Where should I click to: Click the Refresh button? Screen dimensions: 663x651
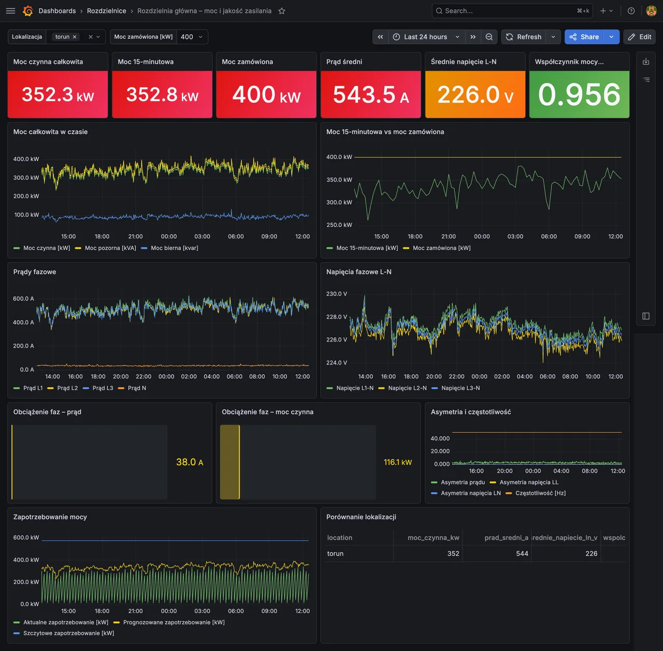(x=524, y=37)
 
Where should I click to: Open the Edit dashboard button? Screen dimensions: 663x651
(x=640, y=37)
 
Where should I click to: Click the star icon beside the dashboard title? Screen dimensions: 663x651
(x=282, y=11)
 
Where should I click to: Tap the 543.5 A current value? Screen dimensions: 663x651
(x=371, y=94)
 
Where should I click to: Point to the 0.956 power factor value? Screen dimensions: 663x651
(x=579, y=94)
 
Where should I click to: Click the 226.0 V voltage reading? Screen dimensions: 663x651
(x=475, y=94)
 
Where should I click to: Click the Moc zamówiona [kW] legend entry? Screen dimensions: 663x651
(x=437, y=248)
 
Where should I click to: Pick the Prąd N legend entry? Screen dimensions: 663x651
(x=132, y=388)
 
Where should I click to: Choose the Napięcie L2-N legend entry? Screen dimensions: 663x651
(x=402, y=388)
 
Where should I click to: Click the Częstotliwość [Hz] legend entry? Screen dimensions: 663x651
(x=536, y=493)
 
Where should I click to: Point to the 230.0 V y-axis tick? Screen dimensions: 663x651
(x=337, y=294)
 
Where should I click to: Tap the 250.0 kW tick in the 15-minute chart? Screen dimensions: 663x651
(x=339, y=225)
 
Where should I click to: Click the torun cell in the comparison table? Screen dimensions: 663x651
(x=336, y=554)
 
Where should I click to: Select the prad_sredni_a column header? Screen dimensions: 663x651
(x=506, y=537)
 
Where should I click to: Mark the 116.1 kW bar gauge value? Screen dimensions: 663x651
(x=398, y=462)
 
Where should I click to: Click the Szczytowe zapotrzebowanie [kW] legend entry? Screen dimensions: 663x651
(x=64, y=633)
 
